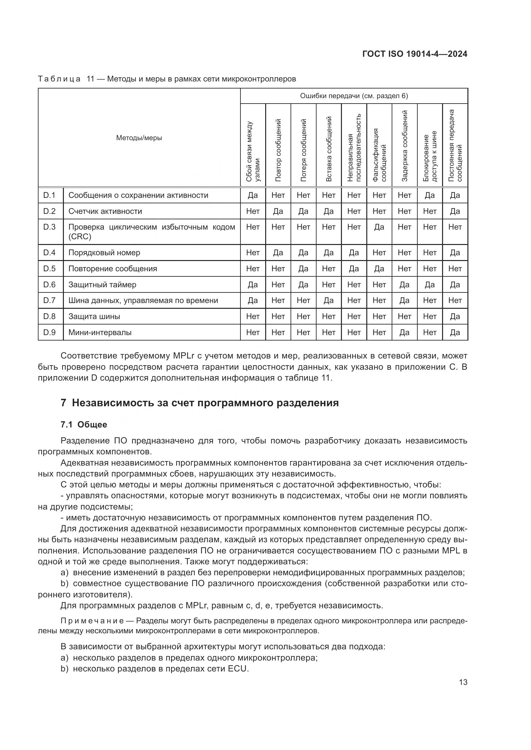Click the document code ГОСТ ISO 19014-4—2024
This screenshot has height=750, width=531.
tap(414, 54)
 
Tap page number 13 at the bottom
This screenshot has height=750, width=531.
tap(463, 682)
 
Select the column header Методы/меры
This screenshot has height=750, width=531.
tap(139, 138)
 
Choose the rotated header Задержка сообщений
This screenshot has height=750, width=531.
tap(405, 146)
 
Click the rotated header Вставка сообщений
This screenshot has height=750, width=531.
tap(329, 149)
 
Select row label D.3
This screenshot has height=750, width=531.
tap(49, 227)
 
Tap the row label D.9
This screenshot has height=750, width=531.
tap(49, 333)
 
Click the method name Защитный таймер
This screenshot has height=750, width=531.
tap(102, 285)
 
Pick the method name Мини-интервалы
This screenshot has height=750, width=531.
tap(100, 333)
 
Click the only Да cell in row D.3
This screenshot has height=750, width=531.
tap(379, 227)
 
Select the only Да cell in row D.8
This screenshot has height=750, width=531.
tap(455, 316)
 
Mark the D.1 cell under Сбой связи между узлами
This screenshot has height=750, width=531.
tap(253, 195)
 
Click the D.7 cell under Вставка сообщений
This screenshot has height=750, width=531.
tap(329, 300)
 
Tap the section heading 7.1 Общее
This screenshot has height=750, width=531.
tap(84, 425)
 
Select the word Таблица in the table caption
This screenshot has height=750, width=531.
tap(59, 79)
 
